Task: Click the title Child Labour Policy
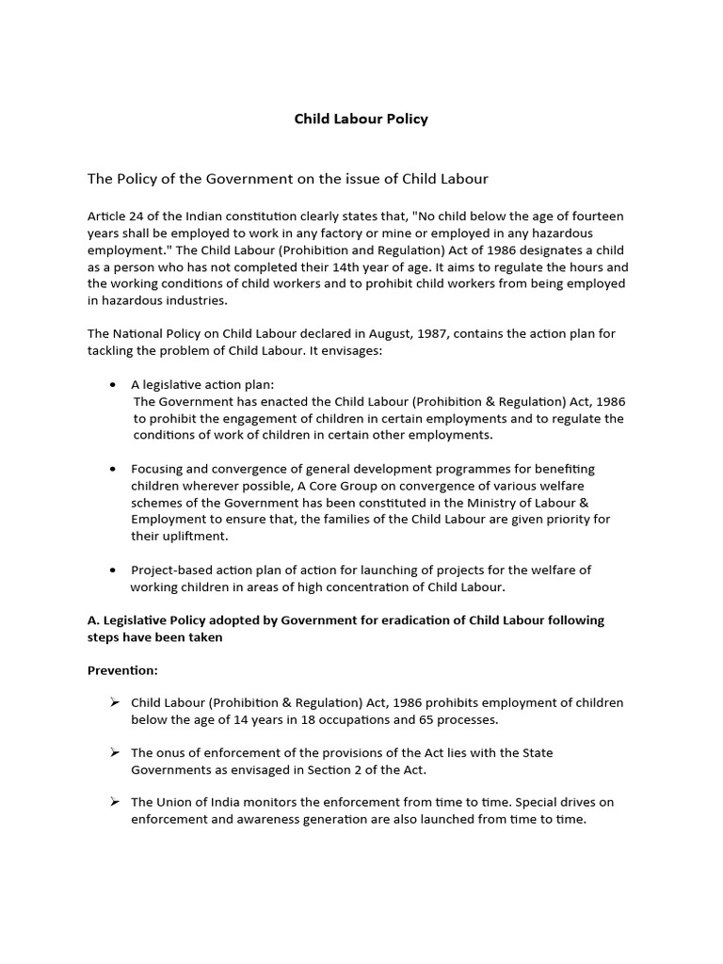361,119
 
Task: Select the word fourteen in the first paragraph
596,216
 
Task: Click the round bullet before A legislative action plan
113,385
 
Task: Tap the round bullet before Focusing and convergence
113,468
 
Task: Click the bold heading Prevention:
123,670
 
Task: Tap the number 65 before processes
419,720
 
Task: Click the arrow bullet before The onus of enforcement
114,752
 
